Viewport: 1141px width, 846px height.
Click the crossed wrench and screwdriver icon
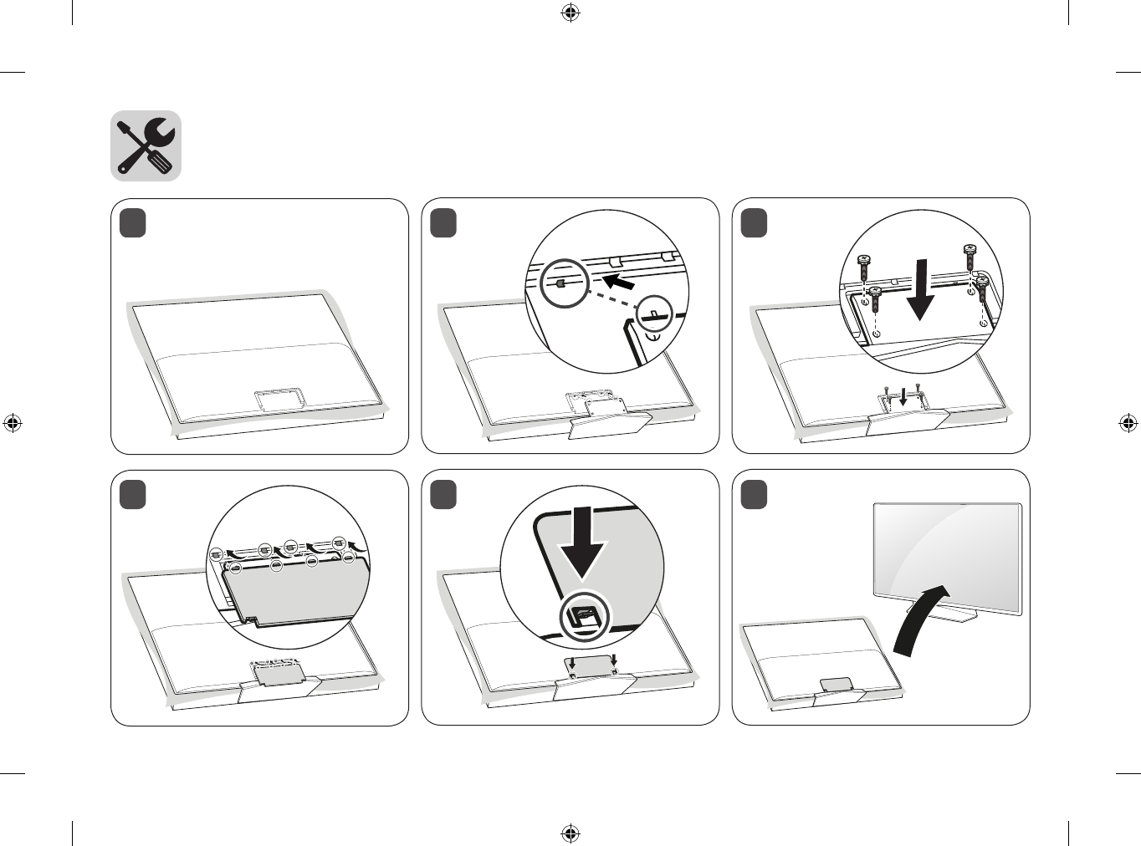[146, 145]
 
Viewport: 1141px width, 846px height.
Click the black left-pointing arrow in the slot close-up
[623, 282]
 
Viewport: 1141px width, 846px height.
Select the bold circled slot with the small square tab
[560, 283]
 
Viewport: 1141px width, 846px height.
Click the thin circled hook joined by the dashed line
[655, 315]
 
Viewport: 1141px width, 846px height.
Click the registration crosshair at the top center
[570, 13]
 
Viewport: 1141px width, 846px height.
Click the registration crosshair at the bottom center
[570, 833]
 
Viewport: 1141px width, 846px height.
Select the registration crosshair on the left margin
[13, 423]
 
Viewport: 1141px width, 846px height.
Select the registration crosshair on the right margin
[1128, 423]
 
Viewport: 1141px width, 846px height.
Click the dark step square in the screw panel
[754, 224]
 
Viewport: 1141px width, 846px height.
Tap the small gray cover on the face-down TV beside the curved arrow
[836, 684]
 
